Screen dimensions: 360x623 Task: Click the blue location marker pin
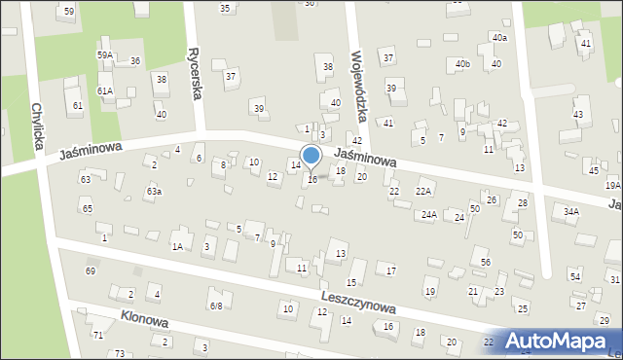pyautogui.click(x=311, y=157)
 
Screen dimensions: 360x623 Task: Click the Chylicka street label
pyautogui.click(x=39, y=126)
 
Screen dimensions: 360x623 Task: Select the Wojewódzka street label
pyautogui.click(x=359, y=87)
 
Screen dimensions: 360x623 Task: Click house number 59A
pyautogui.click(x=104, y=55)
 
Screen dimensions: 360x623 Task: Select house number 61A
pyautogui.click(x=104, y=90)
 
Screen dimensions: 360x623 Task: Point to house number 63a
pyautogui.click(x=154, y=192)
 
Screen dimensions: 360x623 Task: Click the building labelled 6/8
pyautogui.click(x=216, y=306)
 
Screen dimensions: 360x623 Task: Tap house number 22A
pyautogui.click(x=423, y=191)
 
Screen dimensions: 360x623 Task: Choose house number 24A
pyautogui.click(x=428, y=214)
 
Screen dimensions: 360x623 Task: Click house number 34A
pyautogui.click(x=571, y=211)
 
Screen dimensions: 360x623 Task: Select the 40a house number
pyautogui.click(x=499, y=37)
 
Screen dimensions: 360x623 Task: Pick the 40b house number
pyautogui.click(x=462, y=64)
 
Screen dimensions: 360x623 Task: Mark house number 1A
pyautogui.click(x=178, y=247)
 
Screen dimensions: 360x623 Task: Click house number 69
pyautogui.click(x=91, y=270)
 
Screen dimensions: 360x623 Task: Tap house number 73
pyautogui.click(x=120, y=352)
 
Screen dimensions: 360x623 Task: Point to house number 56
pyautogui.click(x=485, y=263)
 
